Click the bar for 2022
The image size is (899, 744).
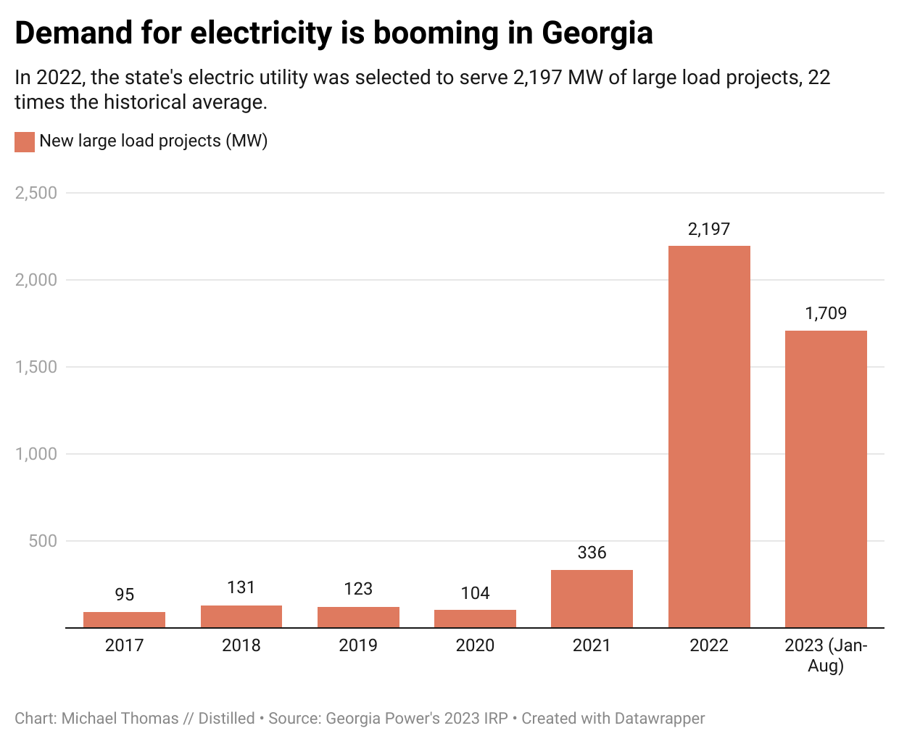click(x=708, y=437)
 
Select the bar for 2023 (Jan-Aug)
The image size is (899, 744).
click(x=826, y=479)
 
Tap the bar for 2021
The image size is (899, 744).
click(x=592, y=598)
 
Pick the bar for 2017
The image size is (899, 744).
click(x=124, y=619)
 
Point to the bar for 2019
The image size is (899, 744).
click(x=358, y=617)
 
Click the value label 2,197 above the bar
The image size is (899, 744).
click(x=708, y=229)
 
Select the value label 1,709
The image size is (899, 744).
click(x=826, y=313)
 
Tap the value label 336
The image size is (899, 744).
click(x=592, y=553)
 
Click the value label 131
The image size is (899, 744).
click(x=241, y=587)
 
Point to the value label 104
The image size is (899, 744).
click(x=475, y=593)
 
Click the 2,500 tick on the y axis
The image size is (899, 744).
click(x=36, y=193)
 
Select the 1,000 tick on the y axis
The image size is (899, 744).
click(x=36, y=454)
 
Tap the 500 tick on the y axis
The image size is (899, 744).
click(x=43, y=541)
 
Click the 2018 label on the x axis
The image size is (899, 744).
click(x=241, y=645)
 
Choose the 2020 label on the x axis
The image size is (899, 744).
click(x=475, y=645)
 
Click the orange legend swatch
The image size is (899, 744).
click(x=25, y=141)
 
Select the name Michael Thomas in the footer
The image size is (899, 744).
click(x=120, y=719)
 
